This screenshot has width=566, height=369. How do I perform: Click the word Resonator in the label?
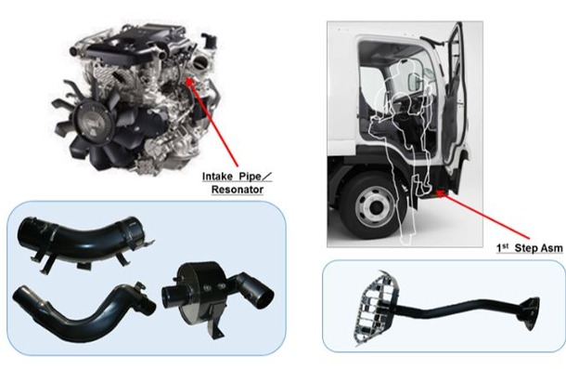pos(238,190)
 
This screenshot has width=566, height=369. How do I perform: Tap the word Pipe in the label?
pos(250,177)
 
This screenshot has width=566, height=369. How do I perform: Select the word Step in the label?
pos(525,248)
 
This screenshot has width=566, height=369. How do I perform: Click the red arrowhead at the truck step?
pos(441,193)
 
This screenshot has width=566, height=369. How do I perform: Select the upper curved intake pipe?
pos(83,237)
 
